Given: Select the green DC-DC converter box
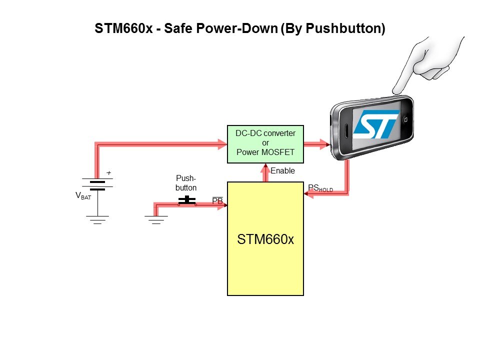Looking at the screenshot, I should tap(265, 144).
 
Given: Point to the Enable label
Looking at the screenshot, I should tap(282, 171).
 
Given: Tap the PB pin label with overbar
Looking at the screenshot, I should tap(217, 201).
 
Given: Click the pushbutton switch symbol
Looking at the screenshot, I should tap(187, 201).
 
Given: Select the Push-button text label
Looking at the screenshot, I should tap(186, 182).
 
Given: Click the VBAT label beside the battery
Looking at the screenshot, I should tap(83, 196).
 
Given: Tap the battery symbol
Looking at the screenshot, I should tap(97, 185).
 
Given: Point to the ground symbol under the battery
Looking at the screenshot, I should tap(97, 219).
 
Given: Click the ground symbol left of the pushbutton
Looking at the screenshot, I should tap(156, 219).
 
